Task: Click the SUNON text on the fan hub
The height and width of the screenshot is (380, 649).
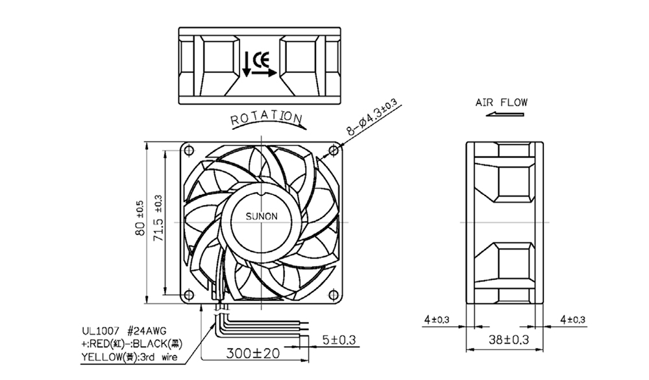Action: (262, 216)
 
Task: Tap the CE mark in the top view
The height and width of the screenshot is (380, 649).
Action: (262, 60)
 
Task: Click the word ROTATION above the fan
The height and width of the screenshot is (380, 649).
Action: (267, 118)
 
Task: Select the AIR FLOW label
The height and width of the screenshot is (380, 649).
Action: (502, 103)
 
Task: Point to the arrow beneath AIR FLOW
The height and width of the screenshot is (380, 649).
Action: (504, 114)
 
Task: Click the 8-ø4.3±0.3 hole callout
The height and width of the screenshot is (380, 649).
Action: (372, 118)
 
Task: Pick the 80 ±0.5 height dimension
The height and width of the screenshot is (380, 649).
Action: (140, 218)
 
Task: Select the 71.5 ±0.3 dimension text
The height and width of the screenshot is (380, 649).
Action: (158, 218)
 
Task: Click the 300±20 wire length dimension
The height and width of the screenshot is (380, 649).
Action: (253, 353)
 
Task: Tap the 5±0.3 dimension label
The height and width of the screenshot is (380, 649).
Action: (339, 340)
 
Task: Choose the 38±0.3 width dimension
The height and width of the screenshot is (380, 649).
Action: (509, 340)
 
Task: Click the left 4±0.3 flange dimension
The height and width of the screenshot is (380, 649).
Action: (437, 320)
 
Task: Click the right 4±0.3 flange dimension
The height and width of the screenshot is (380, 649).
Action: (573, 320)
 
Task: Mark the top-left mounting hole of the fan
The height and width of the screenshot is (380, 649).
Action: (189, 150)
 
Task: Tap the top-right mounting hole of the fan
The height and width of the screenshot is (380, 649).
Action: (334, 150)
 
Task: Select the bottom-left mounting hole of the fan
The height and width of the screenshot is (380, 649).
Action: (189, 295)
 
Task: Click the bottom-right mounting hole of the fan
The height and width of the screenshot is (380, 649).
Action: (334, 295)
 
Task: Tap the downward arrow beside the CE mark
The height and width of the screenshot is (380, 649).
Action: (246, 64)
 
